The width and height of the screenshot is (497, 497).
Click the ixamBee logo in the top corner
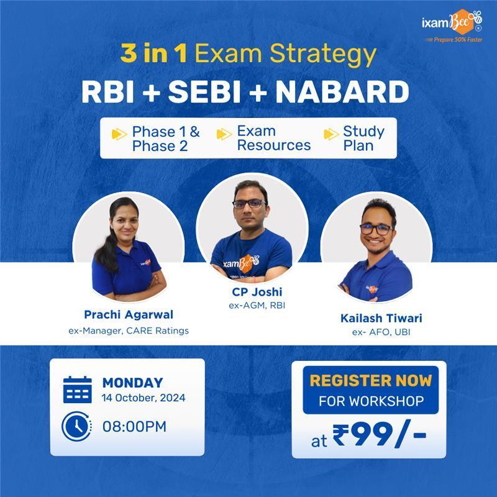pyautogui.click(x=452, y=25)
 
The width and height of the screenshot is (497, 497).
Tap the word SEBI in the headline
pyautogui.click(x=204, y=91)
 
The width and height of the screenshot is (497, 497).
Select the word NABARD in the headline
pyautogui.click(x=342, y=91)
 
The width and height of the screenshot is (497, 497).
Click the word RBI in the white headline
pyautogui.click(x=107, y=91)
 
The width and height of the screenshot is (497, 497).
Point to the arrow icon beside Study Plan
pyautogui.click(x=331, y=134)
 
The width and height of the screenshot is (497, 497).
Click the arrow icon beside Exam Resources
pyautogui.click(x=224, y=134)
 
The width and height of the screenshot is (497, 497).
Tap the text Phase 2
pyautogui.click(x=160, y=146)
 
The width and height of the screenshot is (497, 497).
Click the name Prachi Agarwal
pyautogui.click(x=129, y=314)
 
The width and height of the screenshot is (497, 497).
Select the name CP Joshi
pyautogui.click(x=257, y=291)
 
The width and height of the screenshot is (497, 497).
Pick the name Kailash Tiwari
pyautogui.click(x=381, y=318)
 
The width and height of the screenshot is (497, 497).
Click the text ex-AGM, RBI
pyautogui.click(x=257, y=305)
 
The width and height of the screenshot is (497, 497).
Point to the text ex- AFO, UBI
pyautogui.click(x=381, y=332)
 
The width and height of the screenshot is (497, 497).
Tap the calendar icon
pyautogui.click(x=77, y=390)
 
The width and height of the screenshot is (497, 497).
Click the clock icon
pyautogui.click(x=76, y=426)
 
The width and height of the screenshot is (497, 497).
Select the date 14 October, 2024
pyautogui.click(x=144, y=398)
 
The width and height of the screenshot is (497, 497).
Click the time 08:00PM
pyautogui.click(x=134, y=426)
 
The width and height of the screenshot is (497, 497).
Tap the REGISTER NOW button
pyautogui.click(x=370, y=390)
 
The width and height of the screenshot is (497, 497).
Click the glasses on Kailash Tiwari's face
pyautogui.click(x=376, y=229)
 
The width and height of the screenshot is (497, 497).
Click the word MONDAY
pyautogui.click(x=132, y=383)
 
